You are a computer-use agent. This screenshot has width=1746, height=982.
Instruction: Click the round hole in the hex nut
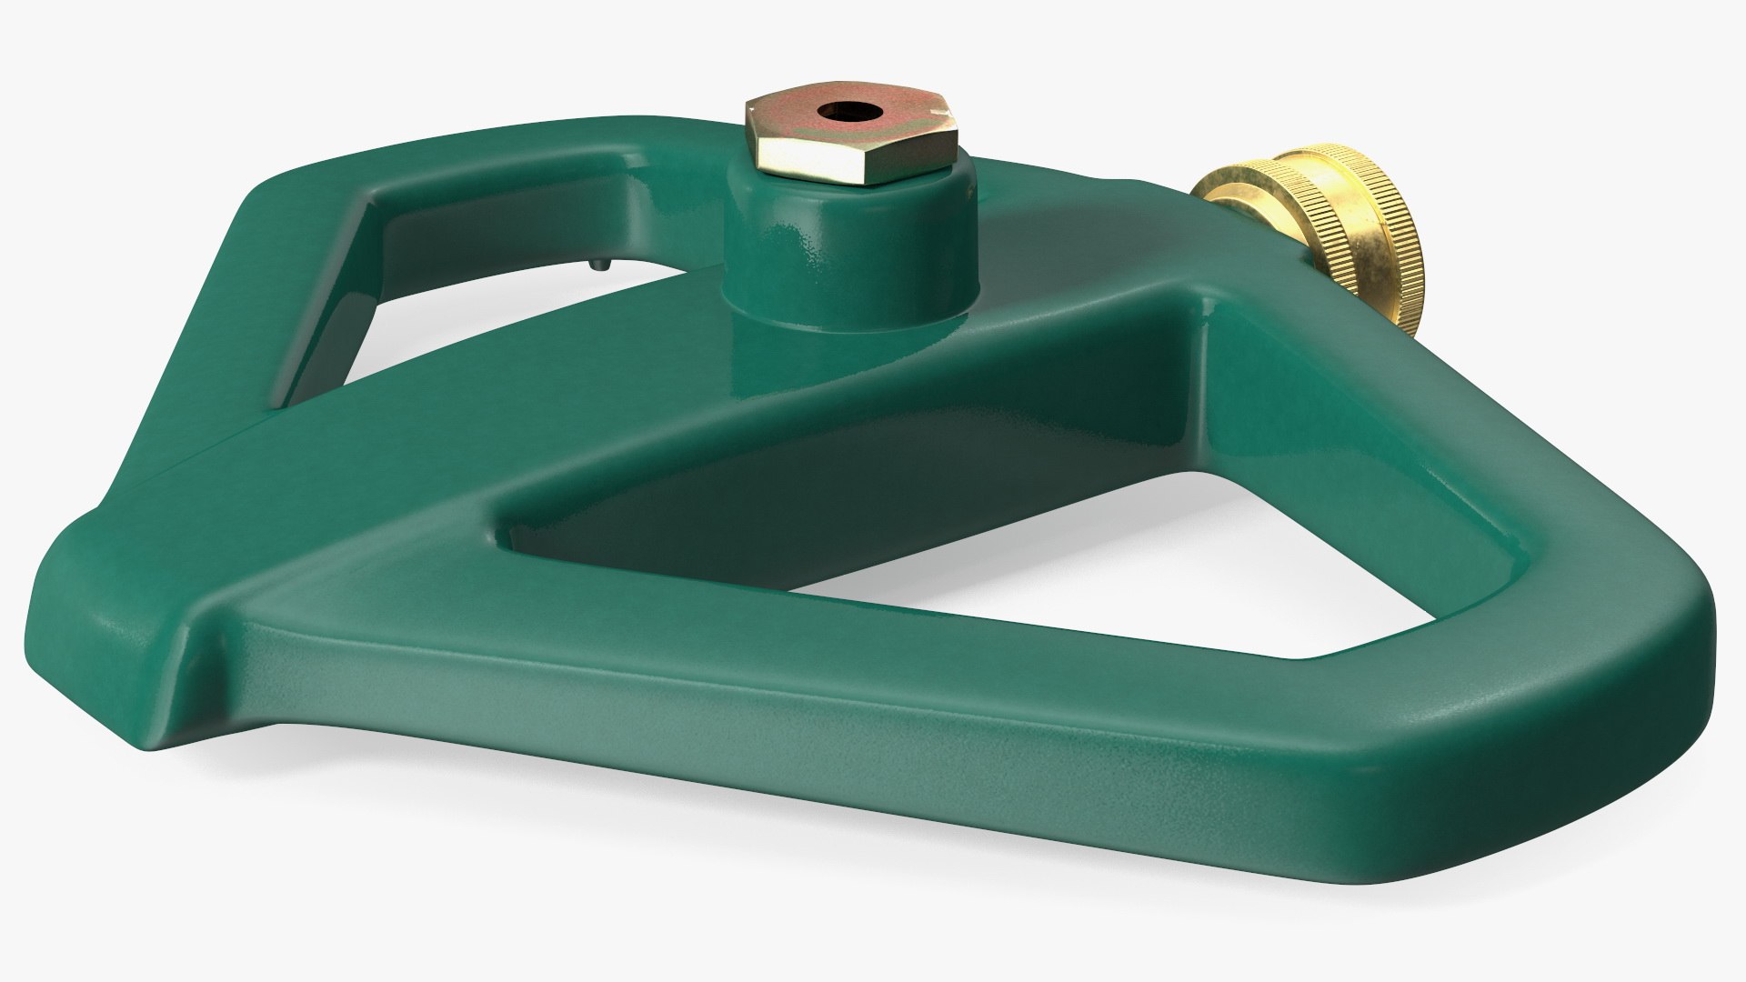click(x=838, y=112)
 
